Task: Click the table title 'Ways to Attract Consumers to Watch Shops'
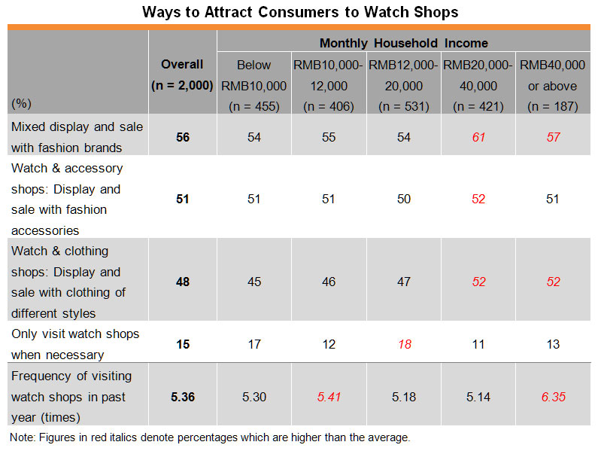[x=300, y=12]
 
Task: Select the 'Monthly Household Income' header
[x=403, y=43]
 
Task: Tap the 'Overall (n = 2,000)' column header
[x=182, y=75]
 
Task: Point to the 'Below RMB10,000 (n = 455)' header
[x=254, y=86]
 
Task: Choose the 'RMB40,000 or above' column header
[x=553, y=86]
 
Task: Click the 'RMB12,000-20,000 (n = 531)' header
[x=403, y=86]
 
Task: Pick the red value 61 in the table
[x=478, y=137]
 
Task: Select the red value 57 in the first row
[x=553, y=137]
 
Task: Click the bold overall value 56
[x=183, y=137]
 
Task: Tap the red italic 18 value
[x=404, y=344]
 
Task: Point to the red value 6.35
[x=553, y=397]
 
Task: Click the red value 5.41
[x=329, y=397]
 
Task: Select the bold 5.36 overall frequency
[x=183, y=397]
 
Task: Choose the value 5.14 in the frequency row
[x=478, y=397]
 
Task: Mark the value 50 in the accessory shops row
[x=403, y=199]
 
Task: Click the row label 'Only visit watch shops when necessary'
[x=75, y=344]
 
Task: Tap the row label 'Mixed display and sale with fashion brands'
[x=77, y=137]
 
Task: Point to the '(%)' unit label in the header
[x=21, y=103]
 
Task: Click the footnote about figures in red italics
[x=210, y=437]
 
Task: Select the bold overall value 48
[x=183, y=282]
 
